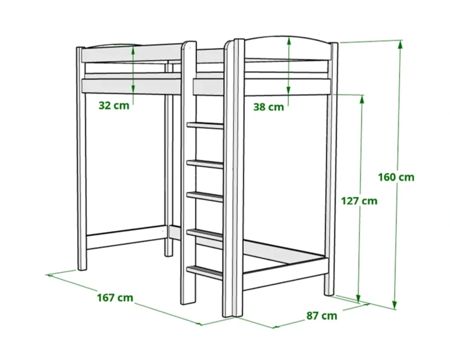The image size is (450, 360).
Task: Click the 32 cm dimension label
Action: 114,105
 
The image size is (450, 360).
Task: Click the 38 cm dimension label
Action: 269,107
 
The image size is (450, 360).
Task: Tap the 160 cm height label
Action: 396,177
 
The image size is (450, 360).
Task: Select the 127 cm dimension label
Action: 359,201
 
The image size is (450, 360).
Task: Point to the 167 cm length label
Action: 115,297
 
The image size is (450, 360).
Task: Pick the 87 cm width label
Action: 322,315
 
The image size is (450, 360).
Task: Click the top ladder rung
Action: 205,126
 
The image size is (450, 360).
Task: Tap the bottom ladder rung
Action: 205,272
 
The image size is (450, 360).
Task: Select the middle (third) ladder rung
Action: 205,197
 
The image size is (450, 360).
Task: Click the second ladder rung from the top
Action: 205,164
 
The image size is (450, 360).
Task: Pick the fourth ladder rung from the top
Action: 205,234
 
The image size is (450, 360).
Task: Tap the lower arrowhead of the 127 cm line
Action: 358,298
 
